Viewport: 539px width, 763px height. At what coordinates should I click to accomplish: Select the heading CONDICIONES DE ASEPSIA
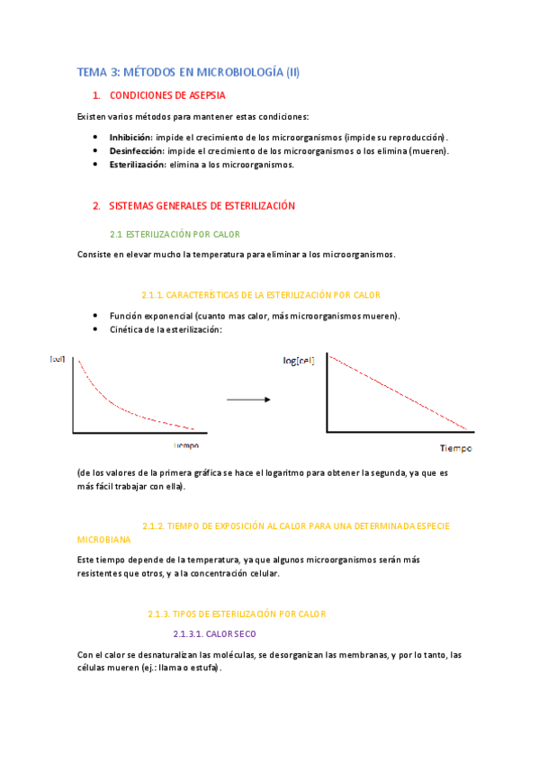167,95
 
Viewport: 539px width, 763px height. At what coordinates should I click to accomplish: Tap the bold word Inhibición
130,137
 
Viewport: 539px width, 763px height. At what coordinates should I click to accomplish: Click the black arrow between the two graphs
247,399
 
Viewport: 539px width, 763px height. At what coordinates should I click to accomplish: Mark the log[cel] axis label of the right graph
301,361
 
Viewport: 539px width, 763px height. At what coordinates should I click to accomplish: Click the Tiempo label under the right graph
455,448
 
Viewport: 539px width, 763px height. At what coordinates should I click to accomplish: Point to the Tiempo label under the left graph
186,445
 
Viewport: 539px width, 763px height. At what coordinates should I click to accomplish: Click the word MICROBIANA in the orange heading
104,539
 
